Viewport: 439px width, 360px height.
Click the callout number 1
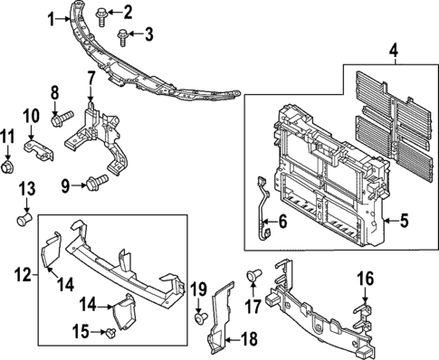52,16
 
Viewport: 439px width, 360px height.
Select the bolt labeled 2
101,13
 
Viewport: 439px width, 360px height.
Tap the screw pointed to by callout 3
121,34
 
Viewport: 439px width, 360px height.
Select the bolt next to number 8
62,118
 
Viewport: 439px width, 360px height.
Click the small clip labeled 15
109,334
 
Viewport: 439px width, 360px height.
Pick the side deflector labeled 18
217,321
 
